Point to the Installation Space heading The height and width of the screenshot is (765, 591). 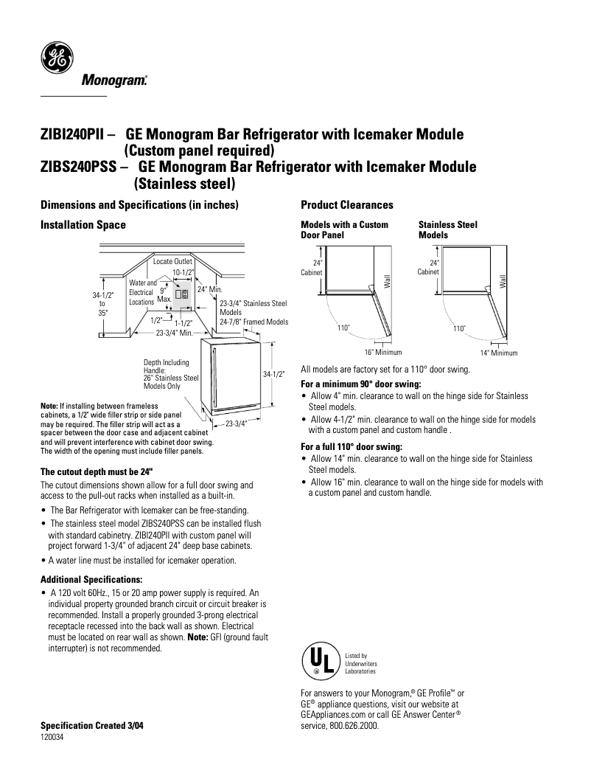tap(83, 224)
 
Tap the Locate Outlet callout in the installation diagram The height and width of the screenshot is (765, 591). tap(172, 262)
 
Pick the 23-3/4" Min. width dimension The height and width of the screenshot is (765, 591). tap(174, 333)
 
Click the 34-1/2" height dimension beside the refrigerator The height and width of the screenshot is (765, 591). tap(273, 375)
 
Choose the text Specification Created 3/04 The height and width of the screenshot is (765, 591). tap(91, 726)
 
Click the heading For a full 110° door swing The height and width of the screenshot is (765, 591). tap(350, 446)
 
